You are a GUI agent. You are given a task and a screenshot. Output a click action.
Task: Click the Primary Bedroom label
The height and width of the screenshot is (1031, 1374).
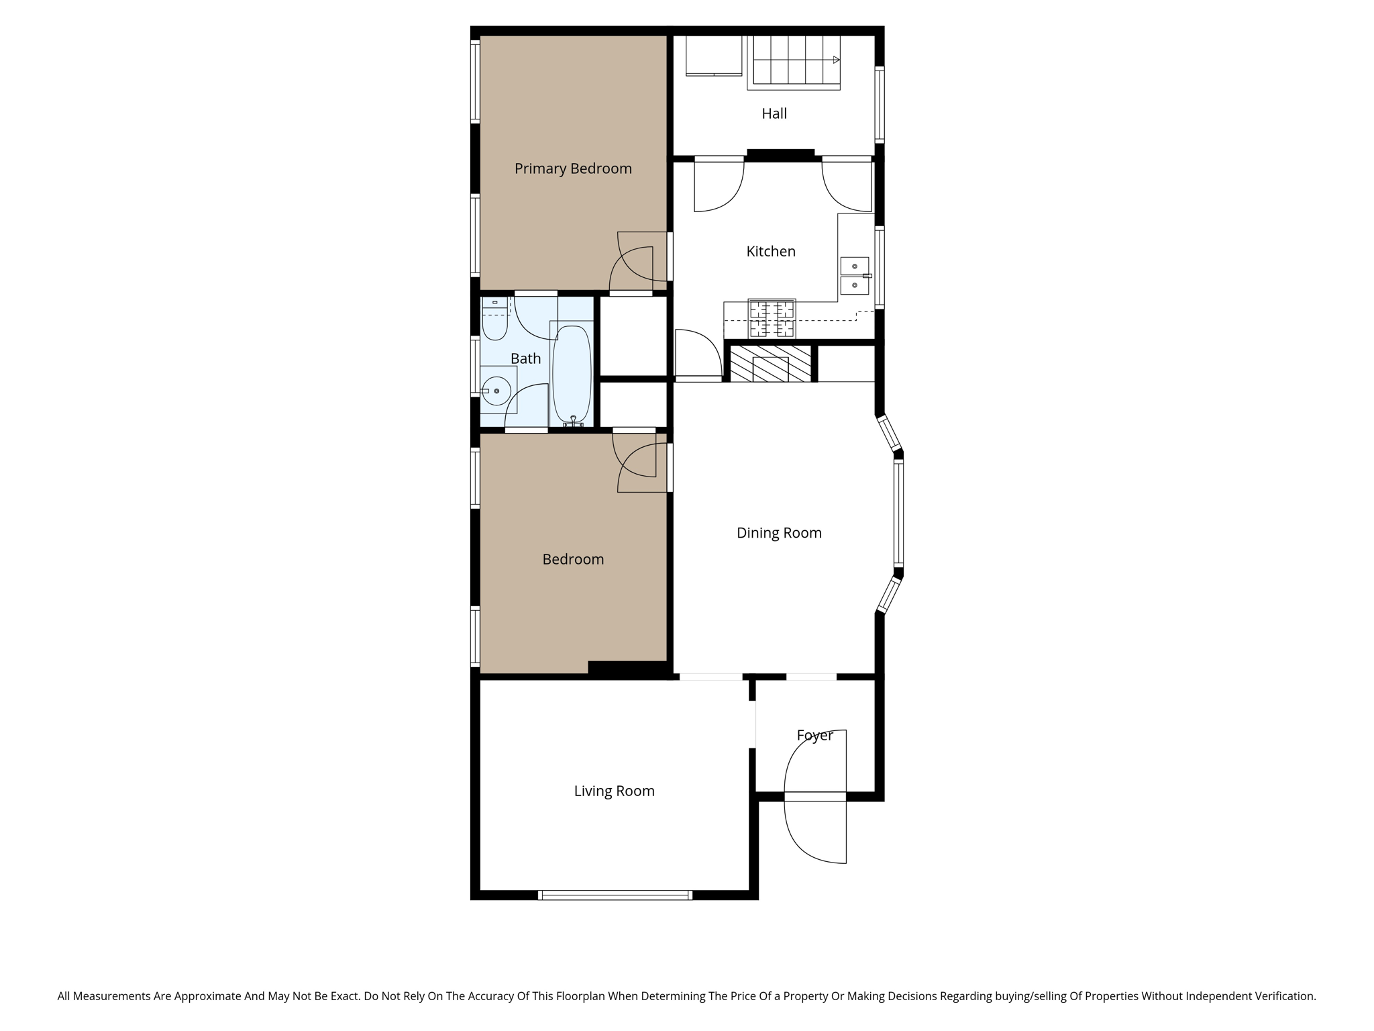tap(573, 168)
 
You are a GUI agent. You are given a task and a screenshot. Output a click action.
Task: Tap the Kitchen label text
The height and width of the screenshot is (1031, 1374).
tap(771, 251)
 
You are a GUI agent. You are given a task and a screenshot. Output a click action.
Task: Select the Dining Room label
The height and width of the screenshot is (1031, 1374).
tap(779, 533)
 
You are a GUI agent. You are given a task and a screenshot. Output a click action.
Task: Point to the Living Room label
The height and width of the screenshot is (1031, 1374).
tap(614, 791)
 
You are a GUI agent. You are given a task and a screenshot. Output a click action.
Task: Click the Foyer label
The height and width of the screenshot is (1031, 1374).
tap(814, 735)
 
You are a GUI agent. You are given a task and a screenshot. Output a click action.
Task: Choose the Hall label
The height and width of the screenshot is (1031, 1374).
tap(774, 113)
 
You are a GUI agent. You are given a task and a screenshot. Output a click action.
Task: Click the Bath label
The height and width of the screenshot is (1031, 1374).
tap(525, 358)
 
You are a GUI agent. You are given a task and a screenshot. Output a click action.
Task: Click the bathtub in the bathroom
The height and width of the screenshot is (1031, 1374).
tap(572, 374)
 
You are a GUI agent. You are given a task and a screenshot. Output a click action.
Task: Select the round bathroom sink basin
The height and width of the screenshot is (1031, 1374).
tap(496, 391)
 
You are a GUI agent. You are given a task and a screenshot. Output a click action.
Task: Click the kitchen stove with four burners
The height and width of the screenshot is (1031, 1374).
tap(772, 319)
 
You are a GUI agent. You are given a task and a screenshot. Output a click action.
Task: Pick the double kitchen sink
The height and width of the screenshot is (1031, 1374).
tap(854, 276)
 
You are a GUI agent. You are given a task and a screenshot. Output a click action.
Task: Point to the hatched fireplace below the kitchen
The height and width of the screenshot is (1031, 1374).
tap(770, 364)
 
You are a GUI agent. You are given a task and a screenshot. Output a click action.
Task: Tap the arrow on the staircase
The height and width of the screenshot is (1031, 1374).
tap(836, 60)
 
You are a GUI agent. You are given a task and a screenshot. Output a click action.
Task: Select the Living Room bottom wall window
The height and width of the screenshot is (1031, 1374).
tap(615, 894)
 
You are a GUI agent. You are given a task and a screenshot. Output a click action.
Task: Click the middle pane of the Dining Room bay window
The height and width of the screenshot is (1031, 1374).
tap(898, 513)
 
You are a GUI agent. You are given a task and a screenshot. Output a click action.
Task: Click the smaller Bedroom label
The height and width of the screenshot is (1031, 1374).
tap(573, 559)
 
